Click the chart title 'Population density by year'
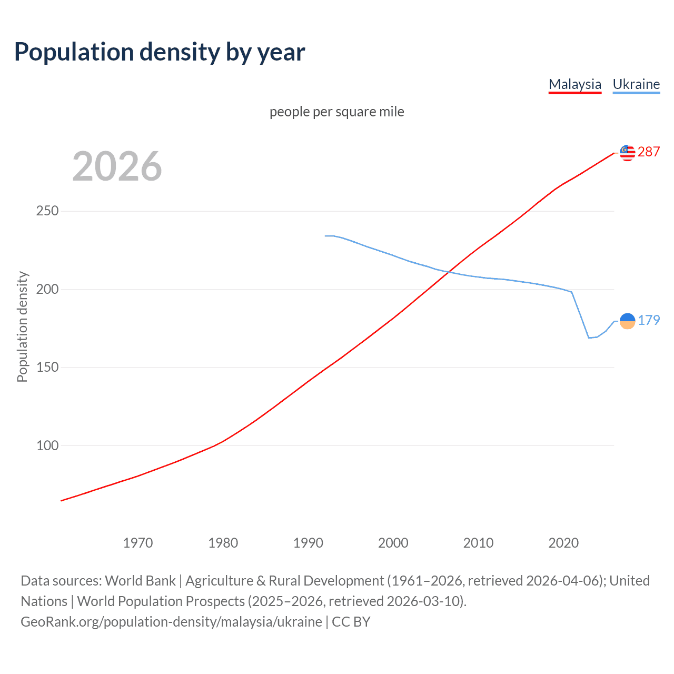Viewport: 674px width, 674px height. pos(160,52)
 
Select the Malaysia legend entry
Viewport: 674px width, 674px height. pos(574,84)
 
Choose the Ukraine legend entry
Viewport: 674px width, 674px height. pos(636,84)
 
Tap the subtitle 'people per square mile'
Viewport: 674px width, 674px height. pos(336,112)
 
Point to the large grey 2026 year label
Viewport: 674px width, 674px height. pos(117,166)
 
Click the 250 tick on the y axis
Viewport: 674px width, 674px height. pos(47,211)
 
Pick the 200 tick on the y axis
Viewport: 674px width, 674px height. pos(47,289)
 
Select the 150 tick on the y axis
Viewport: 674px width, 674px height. pos(47,367)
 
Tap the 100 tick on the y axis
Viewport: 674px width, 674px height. pos(47,445)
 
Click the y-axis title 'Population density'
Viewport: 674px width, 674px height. pos(22,326)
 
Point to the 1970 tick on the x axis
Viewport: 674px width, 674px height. pos(138,543)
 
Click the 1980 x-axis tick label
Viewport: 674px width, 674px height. pos(223,543)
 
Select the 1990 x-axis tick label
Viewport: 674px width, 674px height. pos(308,543)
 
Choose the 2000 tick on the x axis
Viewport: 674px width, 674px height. pos(393,543)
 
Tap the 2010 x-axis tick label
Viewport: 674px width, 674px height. pos(478,543)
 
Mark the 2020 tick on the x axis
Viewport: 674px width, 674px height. pos(563,543)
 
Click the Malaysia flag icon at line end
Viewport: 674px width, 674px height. pos(627,153)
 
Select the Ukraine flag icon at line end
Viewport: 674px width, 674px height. pos(627,321)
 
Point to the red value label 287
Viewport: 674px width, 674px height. pos(649,152)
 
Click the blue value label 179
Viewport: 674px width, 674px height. pos(649,320)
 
